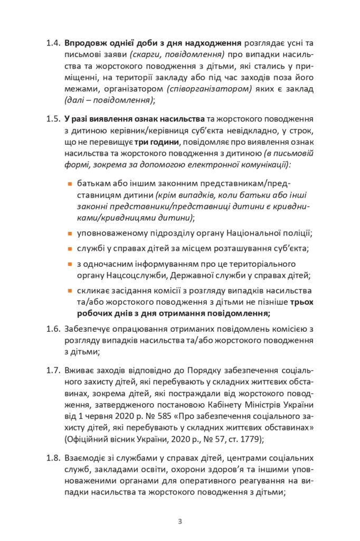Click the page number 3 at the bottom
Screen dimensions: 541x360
[179, 522]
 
